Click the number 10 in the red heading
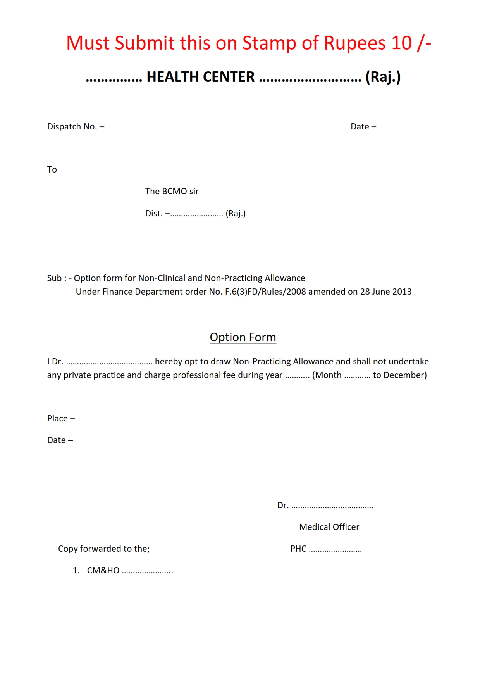tap(401, 43)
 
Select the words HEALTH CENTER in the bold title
tap(200, 77)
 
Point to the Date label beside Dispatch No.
tap(360, 127)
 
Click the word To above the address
tap(52, 170)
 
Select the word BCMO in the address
tap(174, 192)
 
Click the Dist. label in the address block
tap(154, 214)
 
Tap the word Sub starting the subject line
tap(54, 278)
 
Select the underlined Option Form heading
tap(243, 337)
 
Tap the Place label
tap(57, 419)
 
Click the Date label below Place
tap(57, 440)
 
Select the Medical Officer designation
tap(329, 527)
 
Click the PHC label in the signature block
tap(298, 549)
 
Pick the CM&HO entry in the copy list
tap(103, 571)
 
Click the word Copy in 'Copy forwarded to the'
tap(68, 549)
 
